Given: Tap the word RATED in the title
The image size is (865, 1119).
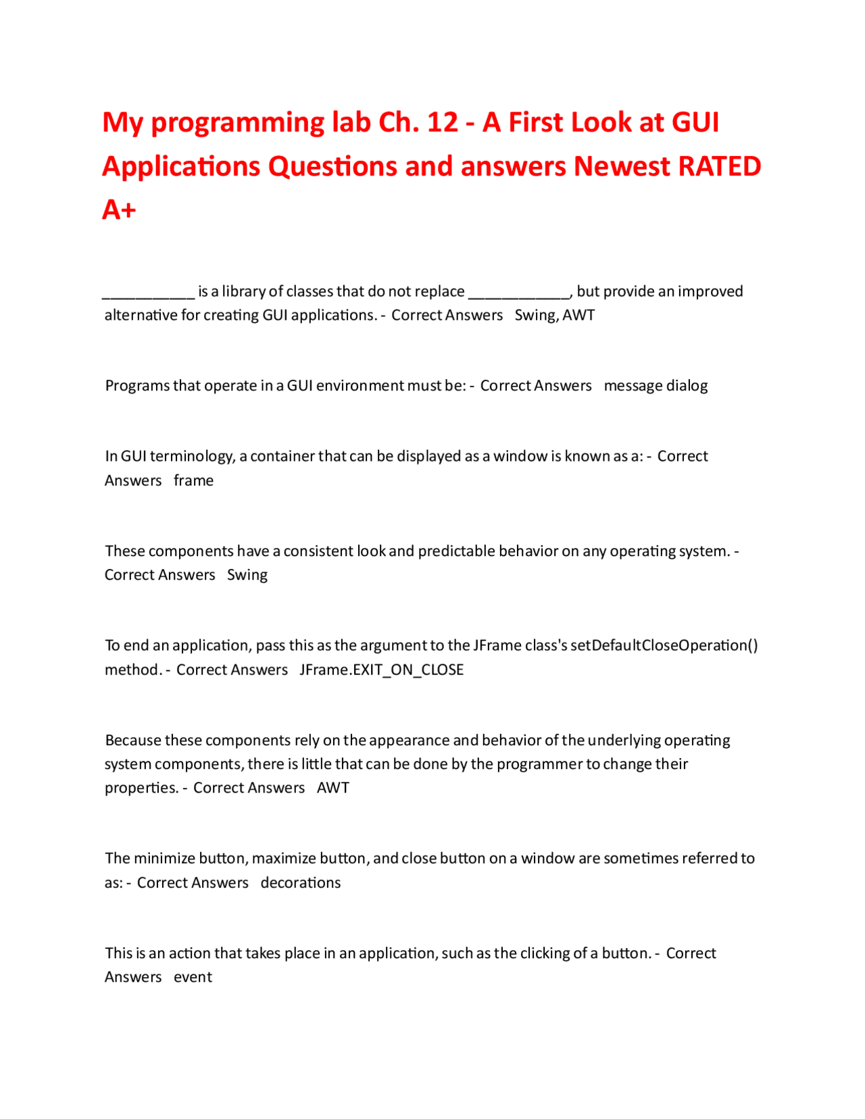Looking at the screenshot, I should click(x=719, y=166).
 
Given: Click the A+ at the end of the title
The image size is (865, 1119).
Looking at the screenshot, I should click(x=119, y=210).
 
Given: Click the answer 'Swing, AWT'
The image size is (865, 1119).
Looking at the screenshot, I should click(x=554, y=316).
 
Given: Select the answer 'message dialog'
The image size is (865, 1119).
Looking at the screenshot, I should click(x=656, y=386).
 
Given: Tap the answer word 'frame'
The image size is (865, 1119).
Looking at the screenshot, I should click(x=193, y=480).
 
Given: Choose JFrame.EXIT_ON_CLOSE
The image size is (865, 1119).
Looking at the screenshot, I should click(x=382, y=670).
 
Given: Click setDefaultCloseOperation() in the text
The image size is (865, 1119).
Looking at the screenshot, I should click(x=664, y=645).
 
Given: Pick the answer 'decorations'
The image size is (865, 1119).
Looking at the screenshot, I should click(x=301, y=882).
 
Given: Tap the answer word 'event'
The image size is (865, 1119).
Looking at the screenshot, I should click(x=193, y=977).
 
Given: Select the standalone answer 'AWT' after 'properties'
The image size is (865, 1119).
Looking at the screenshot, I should click(x=333, y=788).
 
